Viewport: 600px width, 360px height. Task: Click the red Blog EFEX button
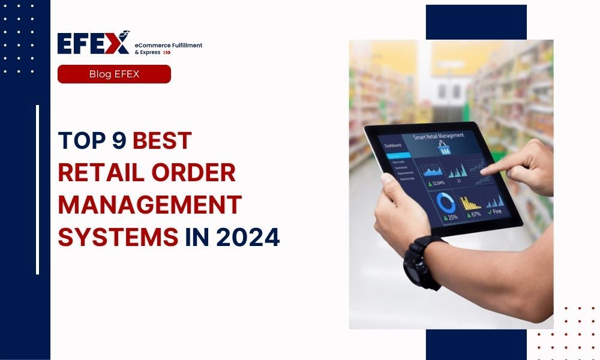tap(114, 74)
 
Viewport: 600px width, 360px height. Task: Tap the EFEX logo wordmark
tap(93, 43)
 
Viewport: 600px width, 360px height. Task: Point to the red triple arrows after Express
tap(167, 53)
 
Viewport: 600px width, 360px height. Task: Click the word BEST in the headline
tap(162, 140)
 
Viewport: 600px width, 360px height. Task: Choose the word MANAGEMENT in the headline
tap(149, 205)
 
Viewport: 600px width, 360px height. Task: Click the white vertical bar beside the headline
tap(37, 190)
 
